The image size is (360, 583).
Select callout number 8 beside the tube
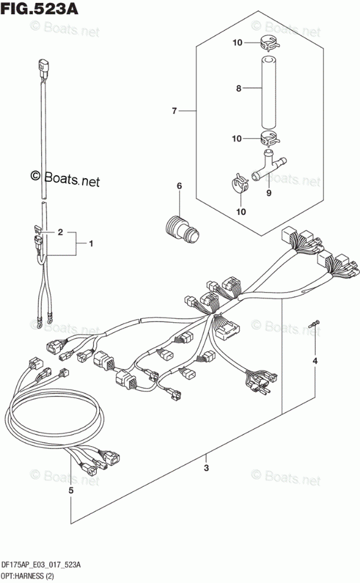point(238,89)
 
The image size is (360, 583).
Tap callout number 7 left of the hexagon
point(175,110)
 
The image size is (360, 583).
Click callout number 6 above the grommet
point(179,187)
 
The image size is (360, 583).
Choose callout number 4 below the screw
point(315,361)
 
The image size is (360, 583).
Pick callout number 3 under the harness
point(206,469)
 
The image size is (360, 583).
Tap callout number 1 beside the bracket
point(91,243)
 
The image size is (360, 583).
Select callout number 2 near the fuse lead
point(59,232)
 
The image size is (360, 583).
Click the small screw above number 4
point(315,324)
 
